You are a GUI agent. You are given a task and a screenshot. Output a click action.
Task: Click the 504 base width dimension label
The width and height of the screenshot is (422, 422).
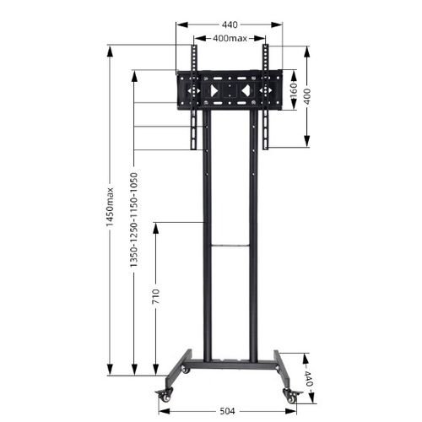(227, 411)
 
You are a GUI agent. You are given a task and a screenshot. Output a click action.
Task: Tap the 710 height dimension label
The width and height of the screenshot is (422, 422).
(154, 298)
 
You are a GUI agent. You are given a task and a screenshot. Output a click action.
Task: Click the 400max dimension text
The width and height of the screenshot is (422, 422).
(230, 39)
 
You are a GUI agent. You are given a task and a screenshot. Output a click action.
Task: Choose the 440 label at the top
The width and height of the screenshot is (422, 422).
(230, 25)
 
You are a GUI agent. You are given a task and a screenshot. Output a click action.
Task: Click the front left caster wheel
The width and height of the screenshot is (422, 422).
(162, 394)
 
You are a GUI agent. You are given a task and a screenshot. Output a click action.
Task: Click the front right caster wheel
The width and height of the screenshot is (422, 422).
(291, 394)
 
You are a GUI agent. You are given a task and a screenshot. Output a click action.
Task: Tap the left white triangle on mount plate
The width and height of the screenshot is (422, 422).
(214, 89)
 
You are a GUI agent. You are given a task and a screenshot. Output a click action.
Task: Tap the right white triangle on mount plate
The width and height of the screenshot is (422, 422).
(245, 89)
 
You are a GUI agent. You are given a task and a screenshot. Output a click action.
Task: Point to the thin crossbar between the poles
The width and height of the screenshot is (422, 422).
(230, 246)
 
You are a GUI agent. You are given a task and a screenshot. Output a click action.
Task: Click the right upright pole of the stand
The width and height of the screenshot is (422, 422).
(252, 253)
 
